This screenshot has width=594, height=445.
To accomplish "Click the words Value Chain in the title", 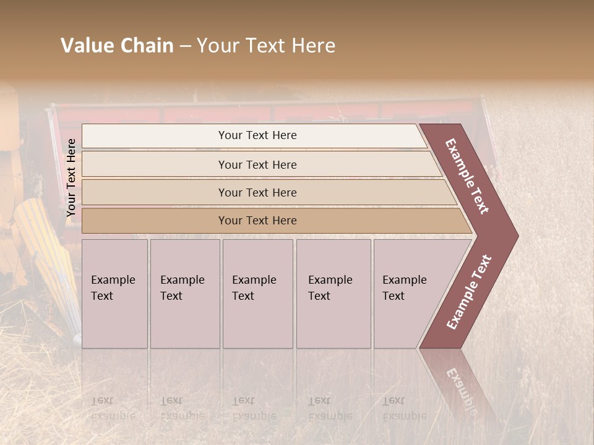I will point(117,46).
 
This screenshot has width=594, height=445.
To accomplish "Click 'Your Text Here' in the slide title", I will point(266,46).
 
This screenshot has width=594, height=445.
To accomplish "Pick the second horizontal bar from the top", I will point(257,164).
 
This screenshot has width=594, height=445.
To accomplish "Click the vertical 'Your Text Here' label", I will point(71,177).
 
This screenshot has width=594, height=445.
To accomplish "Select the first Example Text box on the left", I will point(114,293).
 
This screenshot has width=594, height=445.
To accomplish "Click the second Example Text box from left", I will point(184,293).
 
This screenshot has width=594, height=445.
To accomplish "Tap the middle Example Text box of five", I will point(257,293).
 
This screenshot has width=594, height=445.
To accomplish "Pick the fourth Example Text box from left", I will point(333,293).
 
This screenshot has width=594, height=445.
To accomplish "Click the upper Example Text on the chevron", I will point(467,176).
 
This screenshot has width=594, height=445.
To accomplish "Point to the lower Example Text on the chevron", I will point(469,292).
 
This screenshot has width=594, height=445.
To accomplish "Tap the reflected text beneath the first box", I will point(113,409).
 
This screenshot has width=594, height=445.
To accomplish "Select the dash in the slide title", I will point(185,46).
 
